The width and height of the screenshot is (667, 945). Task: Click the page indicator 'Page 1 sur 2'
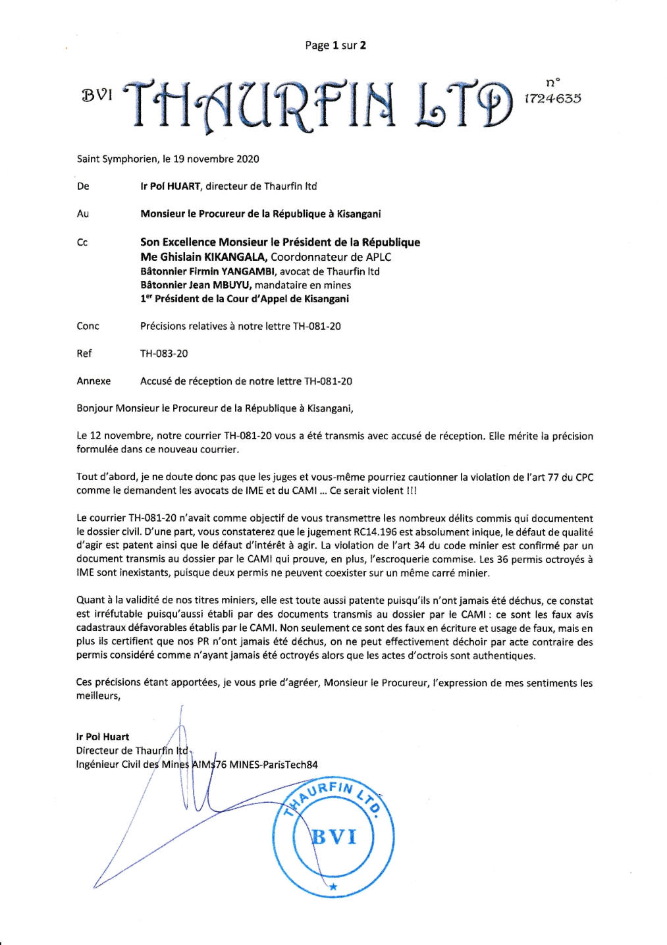335,45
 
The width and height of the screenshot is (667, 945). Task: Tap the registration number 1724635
552,99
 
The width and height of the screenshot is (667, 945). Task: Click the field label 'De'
83,186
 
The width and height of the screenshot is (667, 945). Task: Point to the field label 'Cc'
82,242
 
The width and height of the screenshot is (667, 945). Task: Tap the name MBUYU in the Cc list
232,285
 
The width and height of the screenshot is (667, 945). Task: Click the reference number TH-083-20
164,354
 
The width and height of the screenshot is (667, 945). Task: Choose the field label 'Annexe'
93,381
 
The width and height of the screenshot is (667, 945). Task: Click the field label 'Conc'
88,326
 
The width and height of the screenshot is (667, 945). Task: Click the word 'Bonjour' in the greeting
95,408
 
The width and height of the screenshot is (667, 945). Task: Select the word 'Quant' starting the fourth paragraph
89,601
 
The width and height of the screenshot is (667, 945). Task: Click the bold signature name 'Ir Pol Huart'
103,737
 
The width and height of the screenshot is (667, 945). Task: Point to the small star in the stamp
333,887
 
